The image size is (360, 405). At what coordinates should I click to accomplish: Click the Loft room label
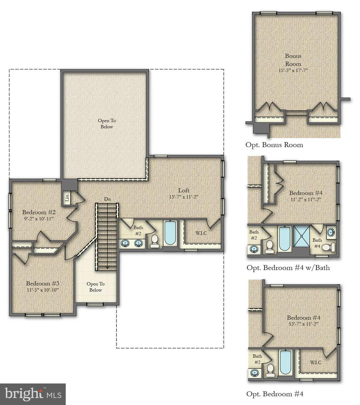183,190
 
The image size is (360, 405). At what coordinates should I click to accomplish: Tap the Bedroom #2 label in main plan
39,212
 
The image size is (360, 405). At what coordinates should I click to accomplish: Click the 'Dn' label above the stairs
107,199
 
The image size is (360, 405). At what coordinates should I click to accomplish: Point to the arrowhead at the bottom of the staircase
107,268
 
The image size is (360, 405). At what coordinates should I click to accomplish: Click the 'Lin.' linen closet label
67,198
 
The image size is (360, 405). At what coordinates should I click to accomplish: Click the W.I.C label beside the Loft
201,233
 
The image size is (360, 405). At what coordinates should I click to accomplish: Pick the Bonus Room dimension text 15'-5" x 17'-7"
293,70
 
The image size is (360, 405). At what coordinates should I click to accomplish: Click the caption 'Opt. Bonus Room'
274,145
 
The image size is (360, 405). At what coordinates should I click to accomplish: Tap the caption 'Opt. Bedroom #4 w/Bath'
288,268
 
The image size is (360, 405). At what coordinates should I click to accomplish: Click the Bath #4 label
317,243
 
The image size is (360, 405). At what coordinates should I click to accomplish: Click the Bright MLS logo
33,394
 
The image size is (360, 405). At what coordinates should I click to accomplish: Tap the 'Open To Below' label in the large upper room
107,124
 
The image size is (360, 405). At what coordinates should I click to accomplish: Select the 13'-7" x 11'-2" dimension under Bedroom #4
303,324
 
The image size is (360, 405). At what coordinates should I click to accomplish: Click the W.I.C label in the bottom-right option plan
316,362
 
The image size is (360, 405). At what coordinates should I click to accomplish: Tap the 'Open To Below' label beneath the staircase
96,287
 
